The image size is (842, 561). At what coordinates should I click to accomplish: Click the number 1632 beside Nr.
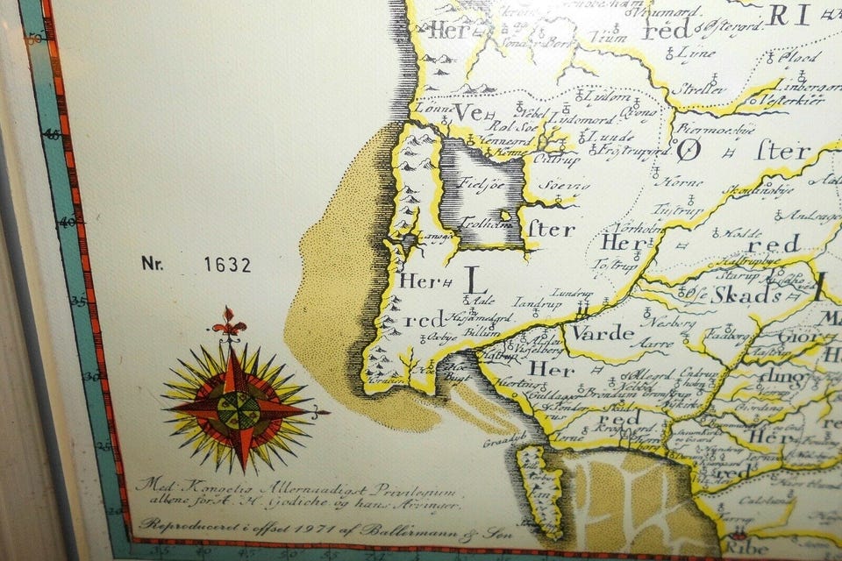(x=227, y=264)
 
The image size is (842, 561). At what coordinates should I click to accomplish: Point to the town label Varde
(x=603, y=333)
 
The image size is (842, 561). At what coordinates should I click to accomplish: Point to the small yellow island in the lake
(x=505, y=215)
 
